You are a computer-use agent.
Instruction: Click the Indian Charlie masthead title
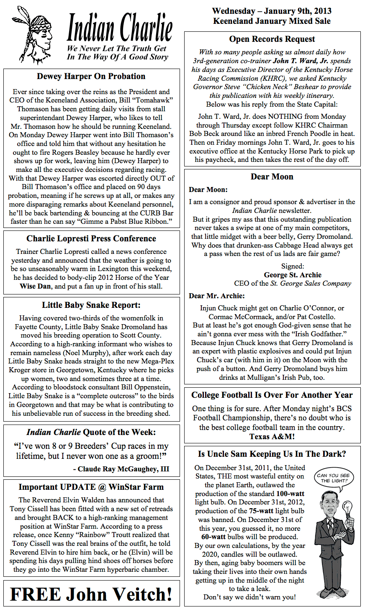tap(119, 28)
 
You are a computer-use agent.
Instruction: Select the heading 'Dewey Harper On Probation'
tap(91, 77)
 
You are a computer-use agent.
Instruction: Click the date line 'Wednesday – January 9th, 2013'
tap(272, 11)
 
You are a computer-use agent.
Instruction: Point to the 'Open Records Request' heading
tap(272, 39)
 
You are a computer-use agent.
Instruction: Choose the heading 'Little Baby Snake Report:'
tap(91, 305)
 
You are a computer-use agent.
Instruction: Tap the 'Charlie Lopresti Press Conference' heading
tap(91, 239)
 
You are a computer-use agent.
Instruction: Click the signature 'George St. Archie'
tap(293, 275)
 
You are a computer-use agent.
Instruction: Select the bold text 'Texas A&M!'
tap(272, 437)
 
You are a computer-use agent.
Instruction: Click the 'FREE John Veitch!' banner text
tap(91, 594)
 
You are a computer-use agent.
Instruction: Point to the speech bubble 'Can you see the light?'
tap(334, 478)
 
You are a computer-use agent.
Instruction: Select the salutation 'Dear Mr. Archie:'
tap(217, 296)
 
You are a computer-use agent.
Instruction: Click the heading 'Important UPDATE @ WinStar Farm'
tap(91, 487)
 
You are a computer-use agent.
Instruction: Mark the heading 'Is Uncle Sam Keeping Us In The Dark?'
tap(272, 454)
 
